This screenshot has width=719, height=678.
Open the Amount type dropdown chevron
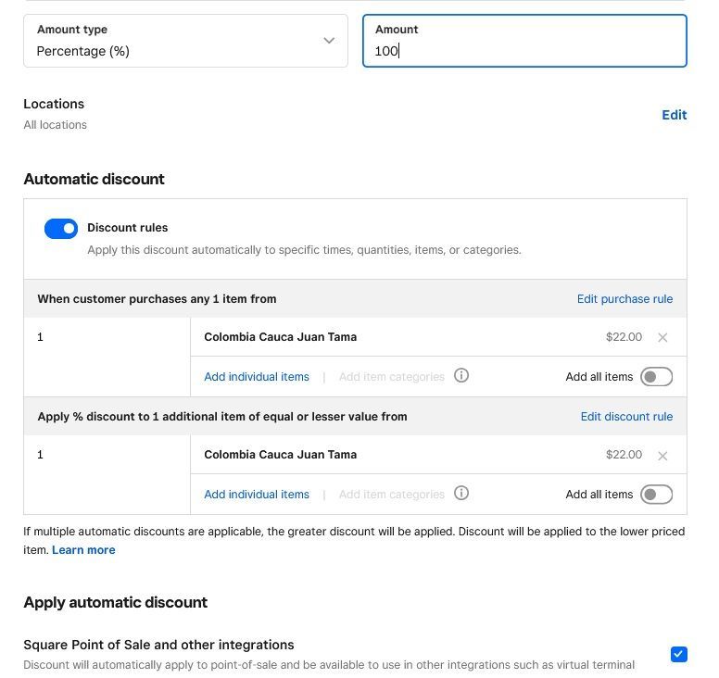[x=329, y=41]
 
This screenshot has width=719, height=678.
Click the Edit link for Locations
[x=674, y=115]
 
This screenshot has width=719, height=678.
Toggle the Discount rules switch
[x=61, y=229]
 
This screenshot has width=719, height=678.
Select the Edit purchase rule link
[x=624, y=299]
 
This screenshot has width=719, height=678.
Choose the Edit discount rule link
[x=626, y=417]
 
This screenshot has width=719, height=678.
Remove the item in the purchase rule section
[x=662, y=338]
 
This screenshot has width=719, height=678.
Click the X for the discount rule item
[x=662, y=456]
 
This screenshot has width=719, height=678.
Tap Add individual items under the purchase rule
[x=257, y=377]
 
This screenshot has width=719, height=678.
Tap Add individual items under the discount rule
[x=257, y=495]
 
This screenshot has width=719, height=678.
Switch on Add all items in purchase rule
[x=656, y=377]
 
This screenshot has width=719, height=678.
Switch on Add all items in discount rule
[x=656, y=495]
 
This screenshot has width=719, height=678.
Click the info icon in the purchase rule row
[x=461, y=376]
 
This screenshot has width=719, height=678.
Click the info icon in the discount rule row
[x=461, y=494]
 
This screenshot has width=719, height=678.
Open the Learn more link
[x=83, y=550]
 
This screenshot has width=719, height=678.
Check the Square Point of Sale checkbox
[x=679, y=655]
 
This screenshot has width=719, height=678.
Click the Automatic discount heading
[x=94, y=180]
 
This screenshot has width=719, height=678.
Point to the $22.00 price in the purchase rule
[x=624, y=337]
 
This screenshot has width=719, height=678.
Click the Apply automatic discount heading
[x=115, y=603]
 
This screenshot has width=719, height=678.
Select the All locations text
[x=56, y=125]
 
